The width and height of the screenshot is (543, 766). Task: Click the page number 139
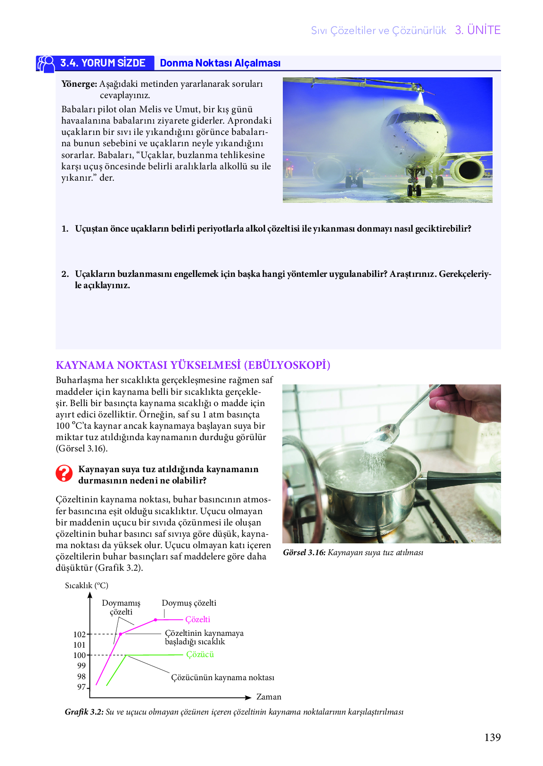coord(492,737)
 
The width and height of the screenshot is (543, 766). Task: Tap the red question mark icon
coord(64,473)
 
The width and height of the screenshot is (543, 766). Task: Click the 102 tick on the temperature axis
coord(80,634)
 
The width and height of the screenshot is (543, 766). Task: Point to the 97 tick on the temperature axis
coord(82,687)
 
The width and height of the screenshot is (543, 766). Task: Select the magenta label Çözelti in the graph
coord(197,619)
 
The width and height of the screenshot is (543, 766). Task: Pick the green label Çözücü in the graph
coord(200,654)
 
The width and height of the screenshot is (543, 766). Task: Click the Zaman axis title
coord(269,697)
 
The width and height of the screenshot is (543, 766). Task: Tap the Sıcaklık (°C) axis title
coord(87,585)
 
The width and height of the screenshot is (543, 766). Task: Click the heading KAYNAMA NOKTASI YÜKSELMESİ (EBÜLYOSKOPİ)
coord(193,365)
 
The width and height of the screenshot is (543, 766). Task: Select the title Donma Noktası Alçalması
coord(220,63)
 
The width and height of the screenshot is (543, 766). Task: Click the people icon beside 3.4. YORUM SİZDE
coord(46,64)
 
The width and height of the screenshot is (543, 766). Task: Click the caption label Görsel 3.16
coord(304,552)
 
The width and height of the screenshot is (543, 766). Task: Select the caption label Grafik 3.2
coord(84,712)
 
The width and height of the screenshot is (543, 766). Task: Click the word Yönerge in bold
coord(79,84)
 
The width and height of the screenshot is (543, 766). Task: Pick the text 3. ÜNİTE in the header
coord(477,30)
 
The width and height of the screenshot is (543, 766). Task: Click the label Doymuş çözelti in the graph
coord(189,603)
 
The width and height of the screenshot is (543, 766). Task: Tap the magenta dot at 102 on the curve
coord(121,634)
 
